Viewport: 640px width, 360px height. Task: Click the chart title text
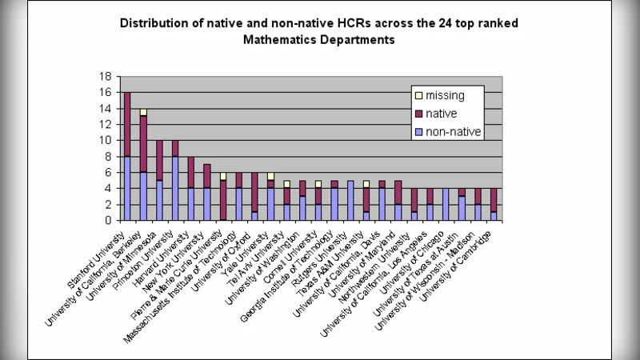[318, 30]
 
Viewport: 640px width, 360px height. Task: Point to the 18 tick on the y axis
[105, 77]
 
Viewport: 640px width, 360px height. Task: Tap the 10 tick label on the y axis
[105, 141]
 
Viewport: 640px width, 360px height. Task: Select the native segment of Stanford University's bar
[127, 124]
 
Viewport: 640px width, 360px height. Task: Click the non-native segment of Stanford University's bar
[127, 188]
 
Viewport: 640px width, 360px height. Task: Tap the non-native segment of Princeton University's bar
[174, 188]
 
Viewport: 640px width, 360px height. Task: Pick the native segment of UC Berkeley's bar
[143, 144]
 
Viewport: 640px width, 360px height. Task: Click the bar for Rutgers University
[350, 200]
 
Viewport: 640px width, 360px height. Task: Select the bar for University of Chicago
[446, 204]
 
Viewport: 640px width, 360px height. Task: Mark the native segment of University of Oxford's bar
[254, 192]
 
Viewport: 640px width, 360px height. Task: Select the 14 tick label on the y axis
[105, 109]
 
